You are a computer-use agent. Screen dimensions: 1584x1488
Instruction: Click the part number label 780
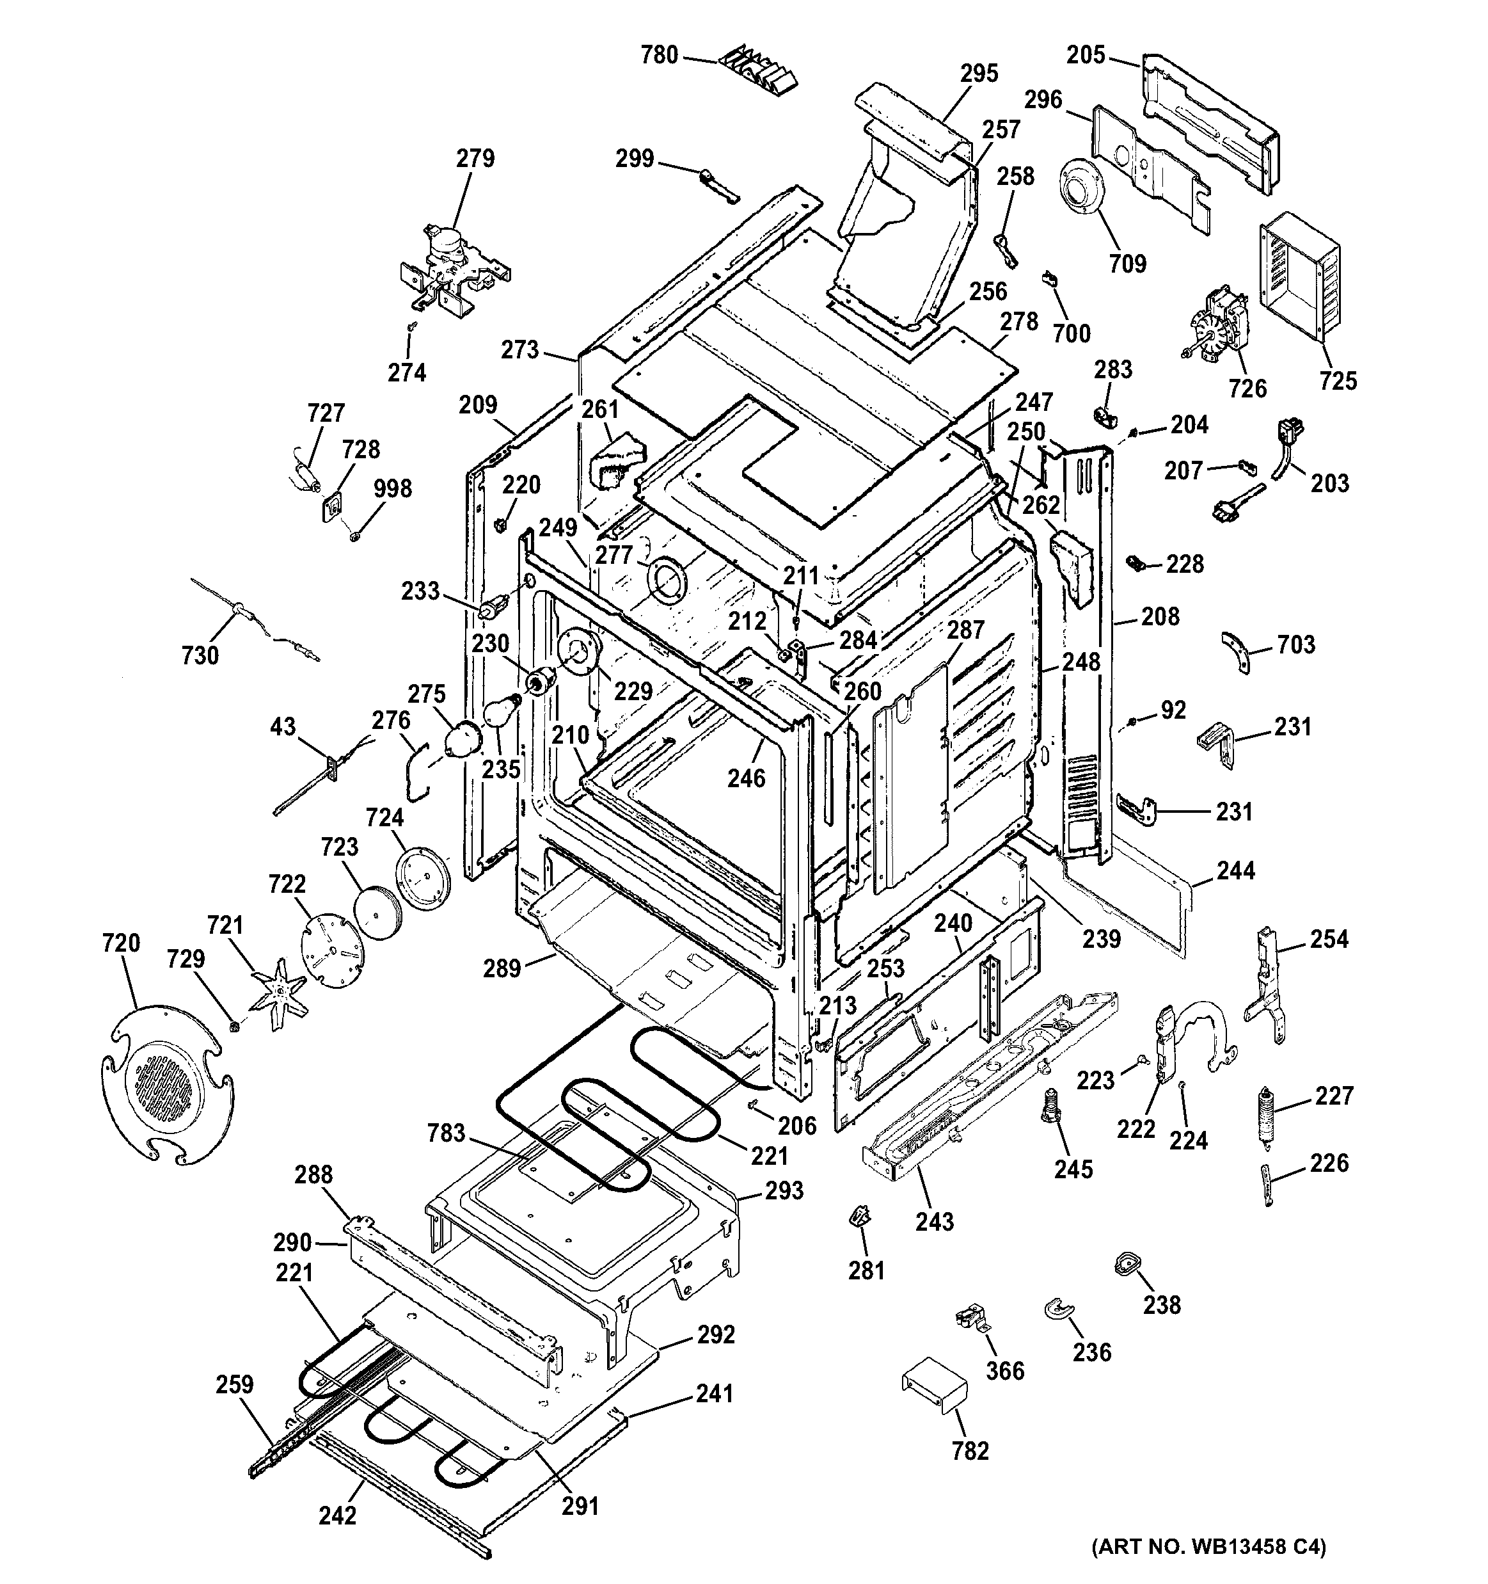pos(660,54)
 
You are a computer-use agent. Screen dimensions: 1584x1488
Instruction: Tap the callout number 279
pos(475,159)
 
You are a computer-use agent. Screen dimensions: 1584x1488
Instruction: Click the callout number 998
pos(393,488)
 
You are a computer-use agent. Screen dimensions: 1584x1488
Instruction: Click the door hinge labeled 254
pos(1268,988)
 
